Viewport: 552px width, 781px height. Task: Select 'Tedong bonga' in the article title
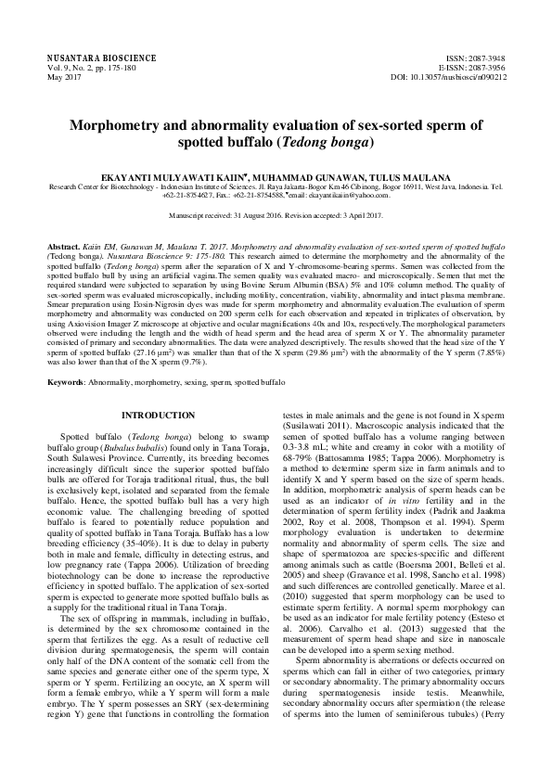[330, 143]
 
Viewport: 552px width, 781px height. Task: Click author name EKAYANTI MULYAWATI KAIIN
[165, 174]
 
